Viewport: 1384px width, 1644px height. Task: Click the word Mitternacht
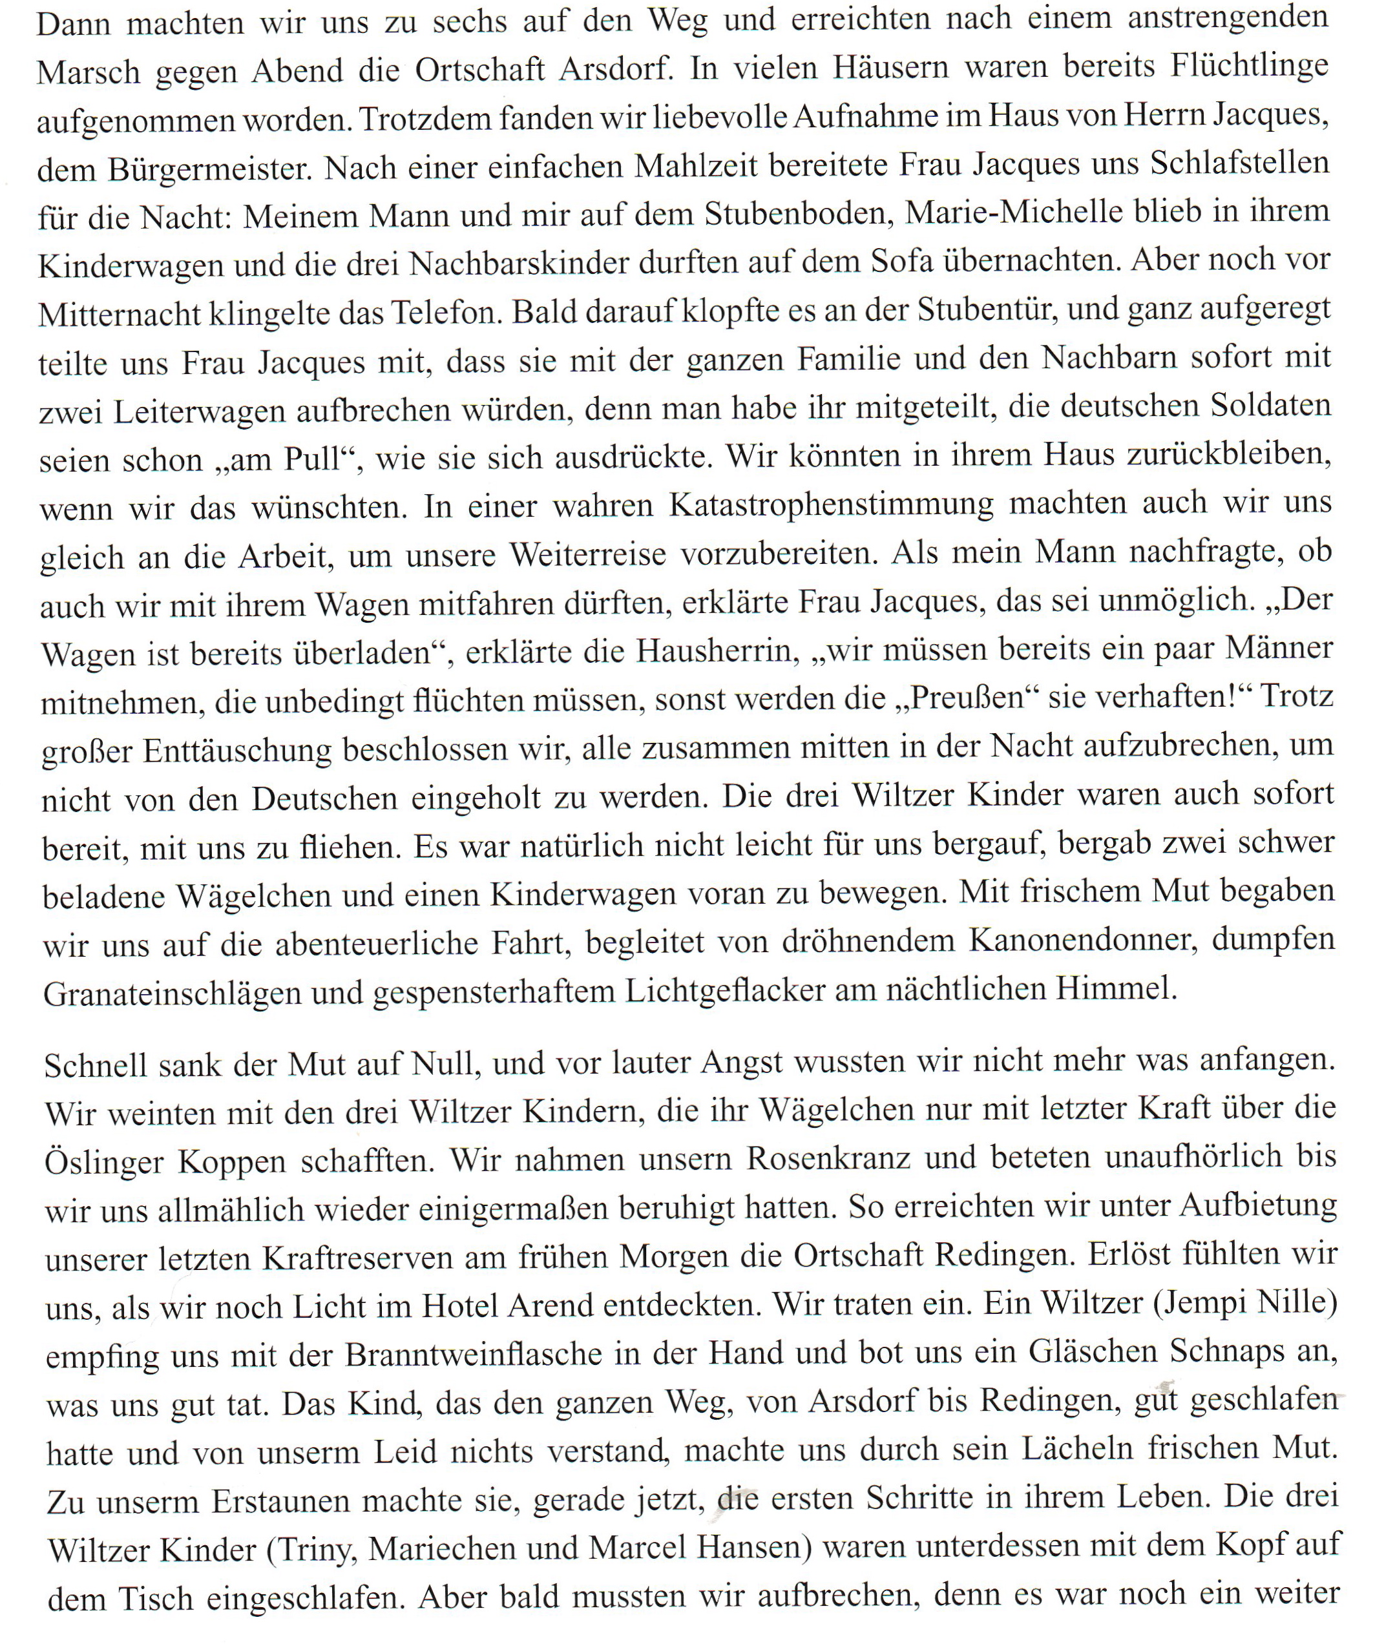116,314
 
